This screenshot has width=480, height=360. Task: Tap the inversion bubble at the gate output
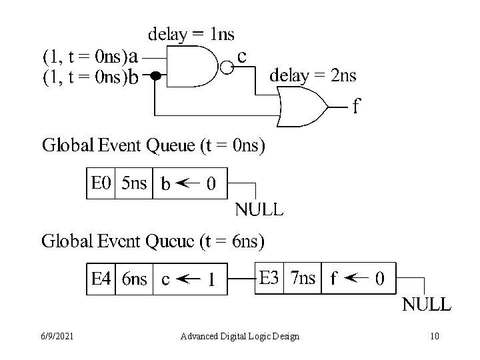227,67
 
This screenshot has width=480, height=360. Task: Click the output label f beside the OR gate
357,107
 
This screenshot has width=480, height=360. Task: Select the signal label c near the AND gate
242,57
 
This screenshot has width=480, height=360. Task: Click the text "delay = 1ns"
191,33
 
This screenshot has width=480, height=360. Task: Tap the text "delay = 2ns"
312,75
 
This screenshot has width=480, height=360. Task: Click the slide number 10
435,336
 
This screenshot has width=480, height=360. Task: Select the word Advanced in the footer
199,336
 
